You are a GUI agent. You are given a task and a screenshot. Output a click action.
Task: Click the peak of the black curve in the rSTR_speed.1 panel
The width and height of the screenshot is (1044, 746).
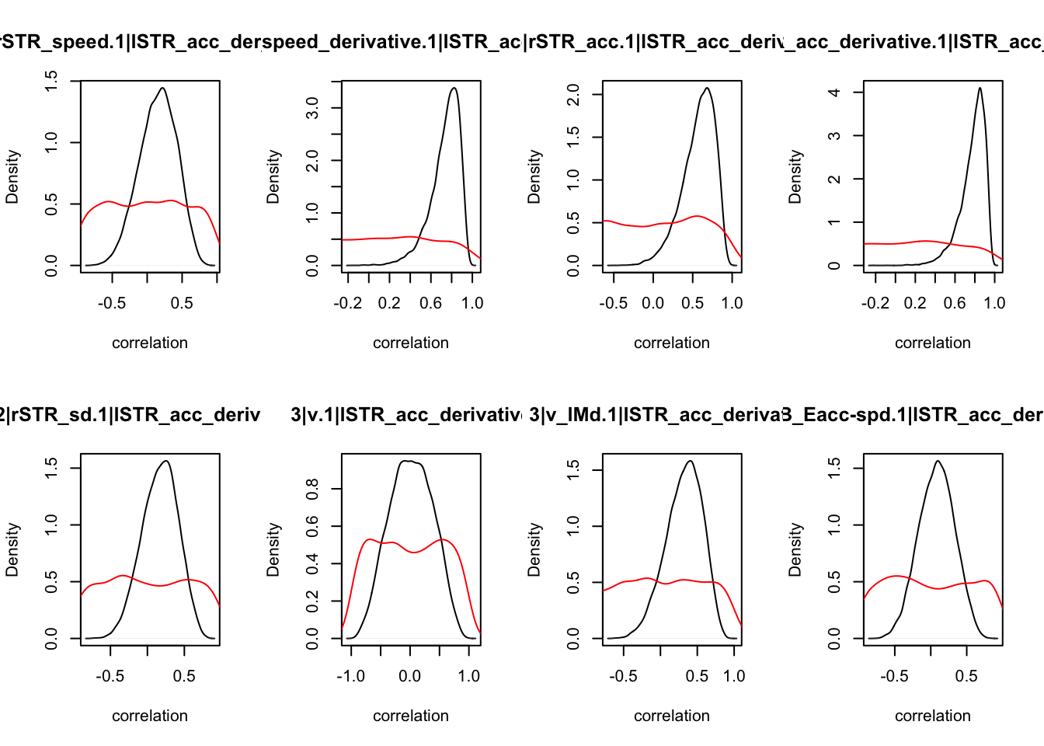coord(162,88)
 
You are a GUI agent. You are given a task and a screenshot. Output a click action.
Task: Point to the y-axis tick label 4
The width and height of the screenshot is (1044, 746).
coord(834,92)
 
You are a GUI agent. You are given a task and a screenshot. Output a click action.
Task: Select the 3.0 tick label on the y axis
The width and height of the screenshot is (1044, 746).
coord(312,107)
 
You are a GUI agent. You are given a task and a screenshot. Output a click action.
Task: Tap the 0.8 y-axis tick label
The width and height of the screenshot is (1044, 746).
coord(312,489)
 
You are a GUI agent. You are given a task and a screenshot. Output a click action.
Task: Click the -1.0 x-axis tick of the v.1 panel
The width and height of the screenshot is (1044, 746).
coord(351,676)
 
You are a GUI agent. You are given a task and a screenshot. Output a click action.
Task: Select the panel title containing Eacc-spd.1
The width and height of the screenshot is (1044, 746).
coord(913,415)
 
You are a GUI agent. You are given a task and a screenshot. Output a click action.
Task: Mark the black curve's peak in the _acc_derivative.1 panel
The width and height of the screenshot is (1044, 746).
coord(980,88)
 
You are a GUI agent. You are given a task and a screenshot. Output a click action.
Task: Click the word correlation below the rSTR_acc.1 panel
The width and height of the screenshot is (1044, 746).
coord(672,343)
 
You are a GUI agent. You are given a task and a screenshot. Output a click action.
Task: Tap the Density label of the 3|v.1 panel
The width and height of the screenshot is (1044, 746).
coord(273,549)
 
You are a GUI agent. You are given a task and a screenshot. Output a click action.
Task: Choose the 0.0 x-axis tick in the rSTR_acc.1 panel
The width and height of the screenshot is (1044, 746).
coord(653,303)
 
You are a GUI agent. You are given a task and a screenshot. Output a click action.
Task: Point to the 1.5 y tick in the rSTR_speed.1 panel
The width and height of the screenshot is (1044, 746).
coord(51,81)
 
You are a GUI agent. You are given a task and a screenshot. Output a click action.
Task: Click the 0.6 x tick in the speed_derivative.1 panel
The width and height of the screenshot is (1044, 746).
coord(431,303)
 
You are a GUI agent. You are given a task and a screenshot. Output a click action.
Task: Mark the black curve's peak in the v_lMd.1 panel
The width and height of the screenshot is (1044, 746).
coord(690,461)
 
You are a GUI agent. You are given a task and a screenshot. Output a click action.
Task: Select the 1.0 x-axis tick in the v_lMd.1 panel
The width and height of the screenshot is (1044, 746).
coord(734,676)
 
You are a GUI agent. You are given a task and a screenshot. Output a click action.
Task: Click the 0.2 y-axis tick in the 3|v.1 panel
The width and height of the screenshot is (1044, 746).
coord(312,601)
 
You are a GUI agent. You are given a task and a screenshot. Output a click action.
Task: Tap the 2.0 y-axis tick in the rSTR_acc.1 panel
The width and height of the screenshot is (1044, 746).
coord(573,95)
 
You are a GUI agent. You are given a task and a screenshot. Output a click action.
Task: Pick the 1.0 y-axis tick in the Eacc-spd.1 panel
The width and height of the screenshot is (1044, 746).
coord(834,525)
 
